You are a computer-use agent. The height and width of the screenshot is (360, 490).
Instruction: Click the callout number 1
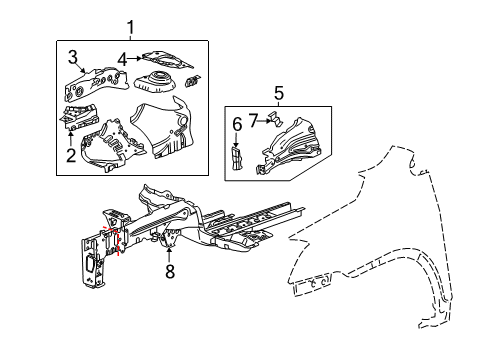(x=129, y=27)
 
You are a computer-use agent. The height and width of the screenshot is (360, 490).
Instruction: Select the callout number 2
(x=69, y=154)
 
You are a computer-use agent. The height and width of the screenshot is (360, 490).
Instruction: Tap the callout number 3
(x=73, y=55)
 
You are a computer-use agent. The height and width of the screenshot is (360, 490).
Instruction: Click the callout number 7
(x=256, y=120)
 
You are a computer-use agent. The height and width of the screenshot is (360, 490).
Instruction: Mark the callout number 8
(x=169, y=271)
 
